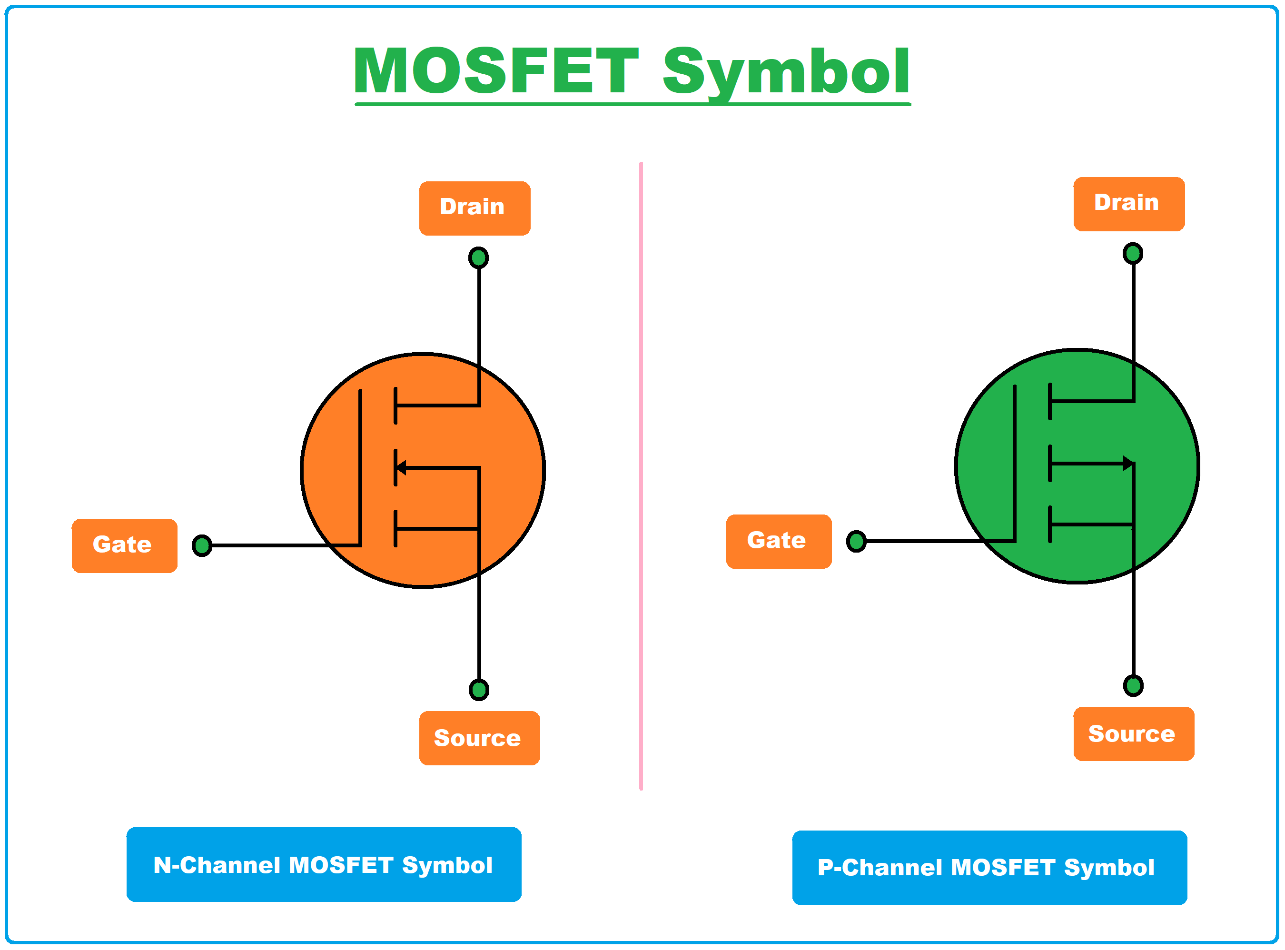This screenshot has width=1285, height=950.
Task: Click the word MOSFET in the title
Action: pyautogui.click(x=495, y=71)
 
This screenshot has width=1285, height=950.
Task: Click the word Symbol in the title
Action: pyautogui.click(x=785, y=72)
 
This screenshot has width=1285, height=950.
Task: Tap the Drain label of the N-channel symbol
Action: pyautogui.click(x=474, y=208)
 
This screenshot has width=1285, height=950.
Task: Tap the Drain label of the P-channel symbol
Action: pyautogui.click(x=1128, y=204)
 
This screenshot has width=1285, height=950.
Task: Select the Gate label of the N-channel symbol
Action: pyautogui.click(x=124, y=546)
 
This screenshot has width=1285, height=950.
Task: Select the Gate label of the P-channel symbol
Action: pyautogui.click(x=779, y=542)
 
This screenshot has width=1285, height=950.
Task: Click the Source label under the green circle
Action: pyautogui.click(x=1133, y=734)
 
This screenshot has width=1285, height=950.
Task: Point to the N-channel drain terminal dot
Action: pyautogui.click(x=478, y=257)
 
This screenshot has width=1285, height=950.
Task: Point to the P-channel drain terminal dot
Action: pyautogui.click(x=1133, y=254)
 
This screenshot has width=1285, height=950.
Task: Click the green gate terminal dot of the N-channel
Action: pyautogui.click(x=202, y=546)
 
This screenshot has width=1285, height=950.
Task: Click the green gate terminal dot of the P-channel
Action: pyautogui.click(x=856, y=542)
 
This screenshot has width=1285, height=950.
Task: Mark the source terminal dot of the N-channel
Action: pyautogui.click(x=478, y=690)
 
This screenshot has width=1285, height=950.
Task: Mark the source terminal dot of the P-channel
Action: pyautogui.click(x=1133, y=686)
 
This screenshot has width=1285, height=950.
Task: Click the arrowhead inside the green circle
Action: pyautogui.click(x=1128, y=464)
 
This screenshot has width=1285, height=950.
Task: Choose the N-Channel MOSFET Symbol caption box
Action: pyautogui.click(x=324, y=865)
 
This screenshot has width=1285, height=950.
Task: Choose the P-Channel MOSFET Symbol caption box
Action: pyautogui.click(x=989, y=868)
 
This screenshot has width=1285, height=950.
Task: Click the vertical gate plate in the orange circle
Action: pyautogui.click(x=360, y=466)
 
